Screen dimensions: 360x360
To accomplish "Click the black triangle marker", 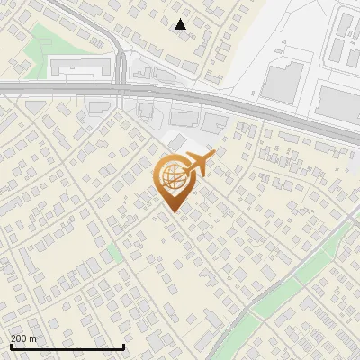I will coord(181,25).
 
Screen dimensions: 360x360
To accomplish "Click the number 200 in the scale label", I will coord(19,338).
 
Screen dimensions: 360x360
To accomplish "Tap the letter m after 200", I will coord(32,338).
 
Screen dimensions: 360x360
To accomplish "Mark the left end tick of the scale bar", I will coord(10,346).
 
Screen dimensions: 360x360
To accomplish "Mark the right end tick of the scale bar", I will coord(123,346).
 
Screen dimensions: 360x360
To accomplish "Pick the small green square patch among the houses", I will coord(114,251).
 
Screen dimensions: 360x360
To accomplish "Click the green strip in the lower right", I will coord(297,279).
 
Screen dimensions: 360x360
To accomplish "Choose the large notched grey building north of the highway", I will coord(282,80).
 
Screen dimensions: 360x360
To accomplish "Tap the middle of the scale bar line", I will coord(67,347).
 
